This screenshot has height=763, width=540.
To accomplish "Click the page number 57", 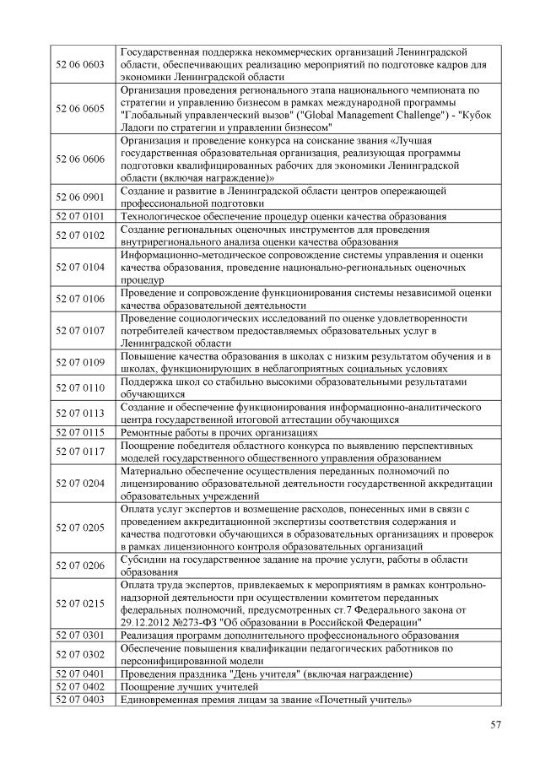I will click(495, 724).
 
